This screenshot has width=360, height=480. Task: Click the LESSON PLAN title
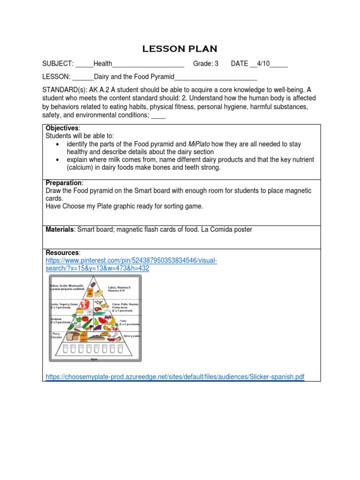(180, 49)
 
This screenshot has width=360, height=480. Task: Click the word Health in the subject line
(103, 64)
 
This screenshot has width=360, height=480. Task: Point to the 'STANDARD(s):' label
(64, 90)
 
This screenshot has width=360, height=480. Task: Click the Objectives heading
(63, 128)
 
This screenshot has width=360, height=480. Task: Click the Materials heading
(60, 230)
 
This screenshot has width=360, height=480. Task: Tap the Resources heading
(63, 253)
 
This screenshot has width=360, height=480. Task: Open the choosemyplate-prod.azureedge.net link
(175, 377)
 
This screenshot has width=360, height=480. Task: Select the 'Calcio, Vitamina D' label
(119, 287)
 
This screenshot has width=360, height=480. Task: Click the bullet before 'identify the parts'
(57, 144)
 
